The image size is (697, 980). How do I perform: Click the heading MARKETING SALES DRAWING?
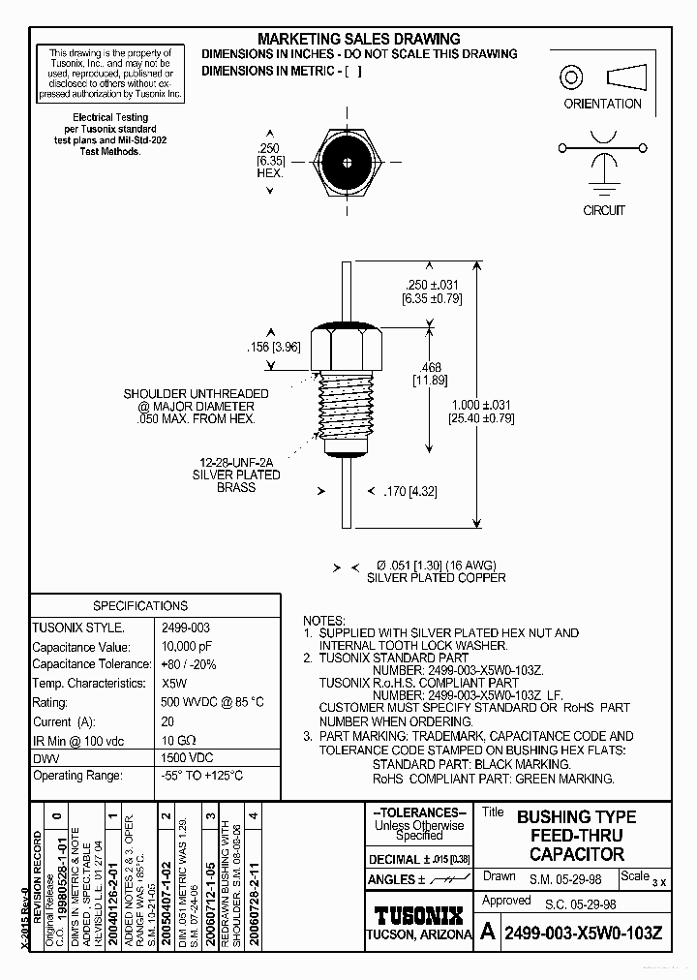pos(359,39)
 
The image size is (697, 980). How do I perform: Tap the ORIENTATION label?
pos(602,104)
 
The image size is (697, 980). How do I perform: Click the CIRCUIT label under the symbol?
pos(603,210)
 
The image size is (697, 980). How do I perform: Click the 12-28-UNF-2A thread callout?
pos(236,462)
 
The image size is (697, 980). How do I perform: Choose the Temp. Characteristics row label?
pos(89,683)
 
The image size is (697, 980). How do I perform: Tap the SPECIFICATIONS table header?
pos(140,605)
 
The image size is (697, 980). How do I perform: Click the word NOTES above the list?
pos(323,620)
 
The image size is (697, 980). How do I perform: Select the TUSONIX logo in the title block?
pos(418,915)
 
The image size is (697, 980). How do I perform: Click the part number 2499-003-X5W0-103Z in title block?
pos(585,934)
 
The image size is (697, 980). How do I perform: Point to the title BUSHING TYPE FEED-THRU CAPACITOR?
pos(576,835)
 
